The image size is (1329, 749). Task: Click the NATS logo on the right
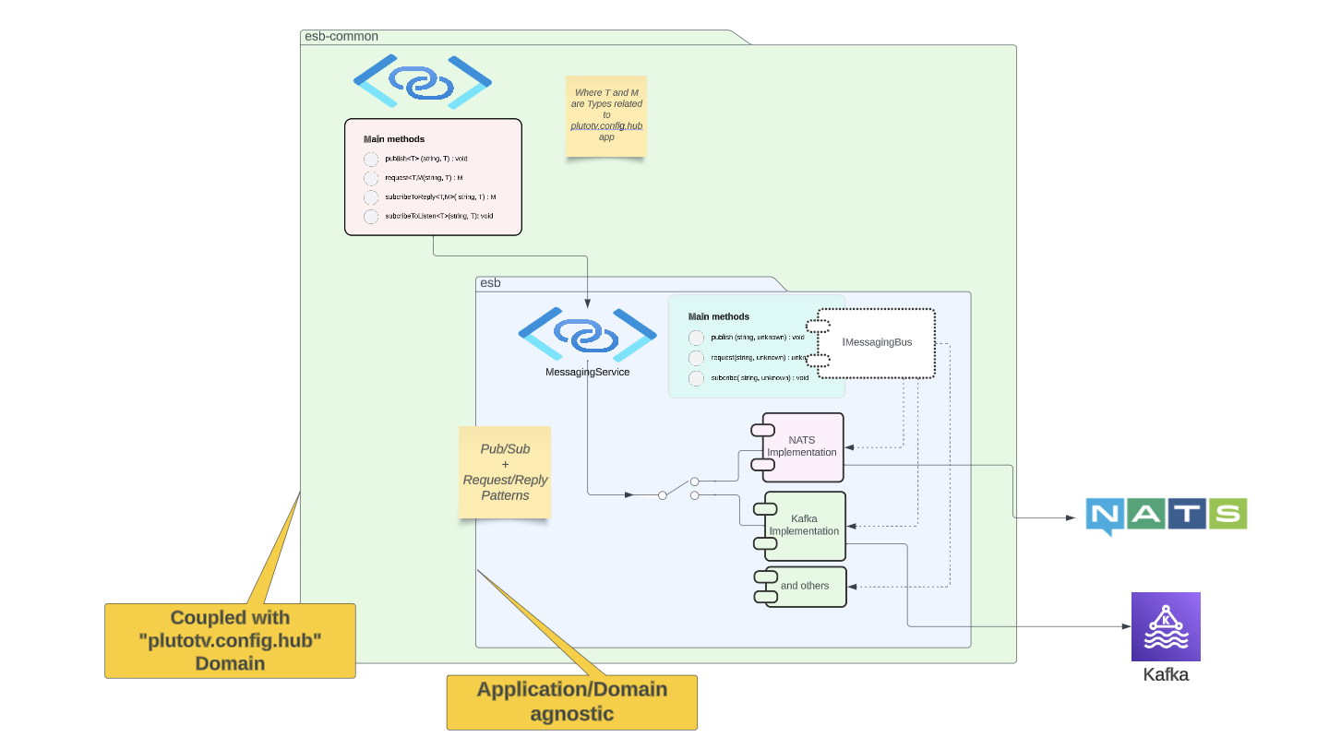point(1166,515)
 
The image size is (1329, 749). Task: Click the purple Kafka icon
point(1166,626)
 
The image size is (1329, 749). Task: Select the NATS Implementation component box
point(802,446)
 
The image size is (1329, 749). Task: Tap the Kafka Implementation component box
point(804,525)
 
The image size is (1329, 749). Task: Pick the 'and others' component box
point(804,586)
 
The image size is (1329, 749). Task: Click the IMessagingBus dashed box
point(877,342)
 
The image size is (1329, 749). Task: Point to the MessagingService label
point(587,372)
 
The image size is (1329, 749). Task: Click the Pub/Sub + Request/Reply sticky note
point(505,471)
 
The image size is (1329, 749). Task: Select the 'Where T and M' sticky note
point(606,115)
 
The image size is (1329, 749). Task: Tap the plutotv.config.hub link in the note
point(606,125)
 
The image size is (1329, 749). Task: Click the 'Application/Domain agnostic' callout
point(571,702)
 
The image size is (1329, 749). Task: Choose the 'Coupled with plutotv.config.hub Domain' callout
point(230,640)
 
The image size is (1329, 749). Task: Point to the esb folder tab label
point(491,283)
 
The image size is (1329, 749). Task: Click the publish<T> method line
point(425,159)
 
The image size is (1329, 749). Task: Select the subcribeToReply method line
point(440,196)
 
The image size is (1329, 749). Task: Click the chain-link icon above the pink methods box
point(422,82)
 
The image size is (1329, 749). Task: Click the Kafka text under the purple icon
point(1166,674)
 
